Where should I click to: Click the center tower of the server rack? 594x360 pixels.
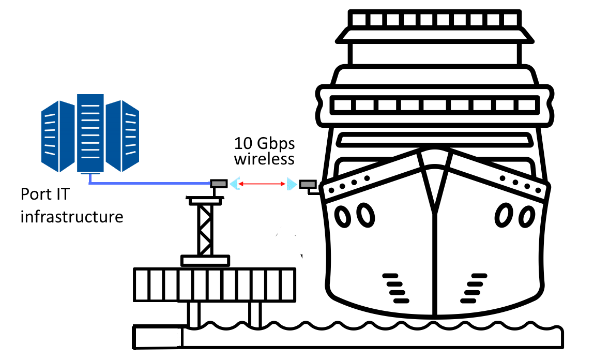(90, 133)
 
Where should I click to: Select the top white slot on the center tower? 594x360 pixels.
(90, 106)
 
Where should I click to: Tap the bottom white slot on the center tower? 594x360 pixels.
(90, 157)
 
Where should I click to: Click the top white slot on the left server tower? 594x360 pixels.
(50, 115)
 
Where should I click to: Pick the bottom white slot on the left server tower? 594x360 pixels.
(50, 153)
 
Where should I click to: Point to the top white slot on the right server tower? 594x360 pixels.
(131, 115)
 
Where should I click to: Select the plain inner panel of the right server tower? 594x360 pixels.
(113, 136)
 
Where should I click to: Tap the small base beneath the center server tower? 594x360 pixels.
(90, 174)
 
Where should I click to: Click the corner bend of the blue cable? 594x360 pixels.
(90, 183)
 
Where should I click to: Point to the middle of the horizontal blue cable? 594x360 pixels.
(150, 183)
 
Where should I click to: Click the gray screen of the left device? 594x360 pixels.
(219, 184)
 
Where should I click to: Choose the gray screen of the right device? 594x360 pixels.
(308, 184)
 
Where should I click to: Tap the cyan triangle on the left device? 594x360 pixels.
(234, 184)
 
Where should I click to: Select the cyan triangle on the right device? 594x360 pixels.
(292, 184)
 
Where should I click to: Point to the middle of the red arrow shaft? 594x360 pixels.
(262, 184)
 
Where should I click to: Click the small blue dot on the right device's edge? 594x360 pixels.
(317, 184)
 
